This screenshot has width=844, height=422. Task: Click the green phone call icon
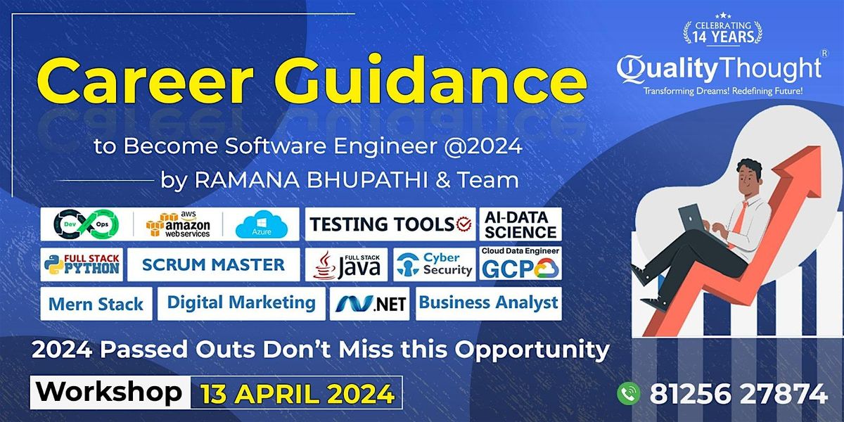(x=629, y=393)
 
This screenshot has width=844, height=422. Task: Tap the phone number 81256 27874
(x=738, y=394)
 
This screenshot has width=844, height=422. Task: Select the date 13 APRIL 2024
(x=298, y=394)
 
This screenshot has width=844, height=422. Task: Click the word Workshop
(x=109, y=392)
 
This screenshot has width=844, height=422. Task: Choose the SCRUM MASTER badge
(x=214, y=264)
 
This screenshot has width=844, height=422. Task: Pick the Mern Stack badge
(x=96, y=304)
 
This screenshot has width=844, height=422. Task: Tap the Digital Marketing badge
(x=241, y=304)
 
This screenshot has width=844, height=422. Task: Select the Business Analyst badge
(x=488, y=304)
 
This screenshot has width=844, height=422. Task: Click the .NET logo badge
(x=370, y=304)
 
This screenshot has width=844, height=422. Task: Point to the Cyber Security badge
(x=435, y=264)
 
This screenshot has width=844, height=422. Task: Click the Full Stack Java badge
(x=346, y=264)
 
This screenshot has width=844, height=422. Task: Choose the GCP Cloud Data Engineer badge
(x=520, y=263)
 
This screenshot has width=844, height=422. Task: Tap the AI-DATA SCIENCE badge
(x=520, y=224)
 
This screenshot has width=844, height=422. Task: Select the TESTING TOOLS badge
(x=390, y=224)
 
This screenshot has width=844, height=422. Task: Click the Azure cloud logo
(x=262, y=224)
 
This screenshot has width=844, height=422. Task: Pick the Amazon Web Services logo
(x=178, y=224)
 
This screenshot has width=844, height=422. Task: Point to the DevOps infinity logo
(x=87, y=224)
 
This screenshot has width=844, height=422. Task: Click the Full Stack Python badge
(x=82, y=264)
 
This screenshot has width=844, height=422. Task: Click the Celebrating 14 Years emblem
(x=723, y=30)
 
